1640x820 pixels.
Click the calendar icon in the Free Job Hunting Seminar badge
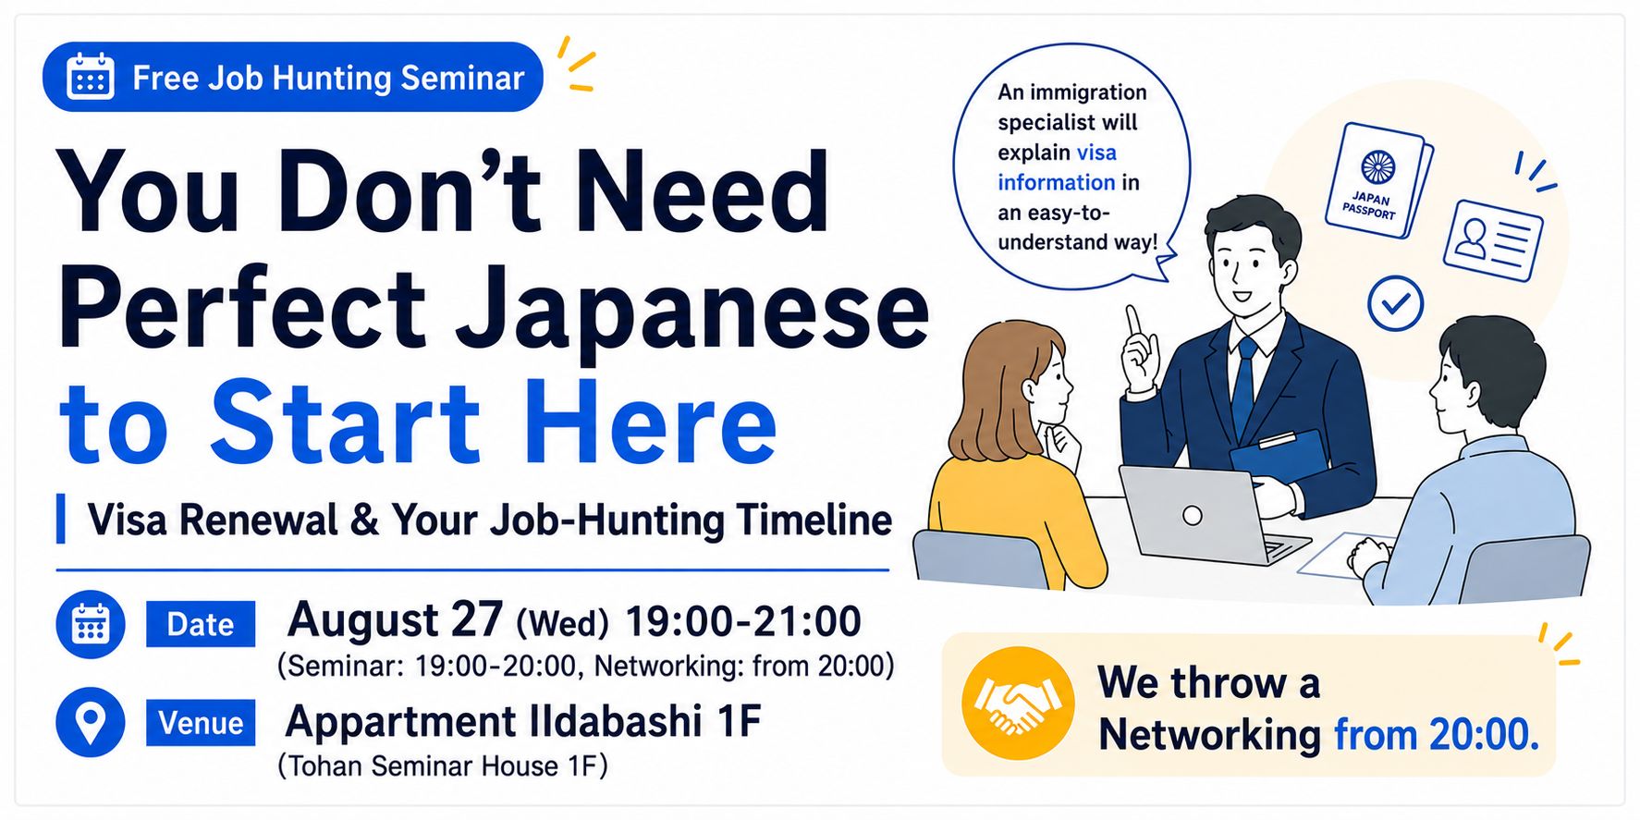pyautogui.click(x=91, y=77)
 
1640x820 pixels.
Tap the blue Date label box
pyautogui.click(x=201, y=624)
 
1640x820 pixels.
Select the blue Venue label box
pyautogui.click(x=201, y=722)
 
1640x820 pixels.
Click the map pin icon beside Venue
pyautogui.click(x=91, y=722)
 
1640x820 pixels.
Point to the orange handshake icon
pyautogui.click(x=1018, y=703)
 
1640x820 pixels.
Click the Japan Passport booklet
pyautogui.click(x=1377, y=180)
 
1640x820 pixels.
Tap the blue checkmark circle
pyautogui.click(x=1395, y=303)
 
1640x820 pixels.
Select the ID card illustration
pyautogui.click(x=1493, y=240)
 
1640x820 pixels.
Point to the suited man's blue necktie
pyautogui.click(x=1243, y=379)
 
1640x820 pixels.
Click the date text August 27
pyautogui.click(x=395, y=619)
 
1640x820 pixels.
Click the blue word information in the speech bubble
pyautogui.click(x=1056, y=182)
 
